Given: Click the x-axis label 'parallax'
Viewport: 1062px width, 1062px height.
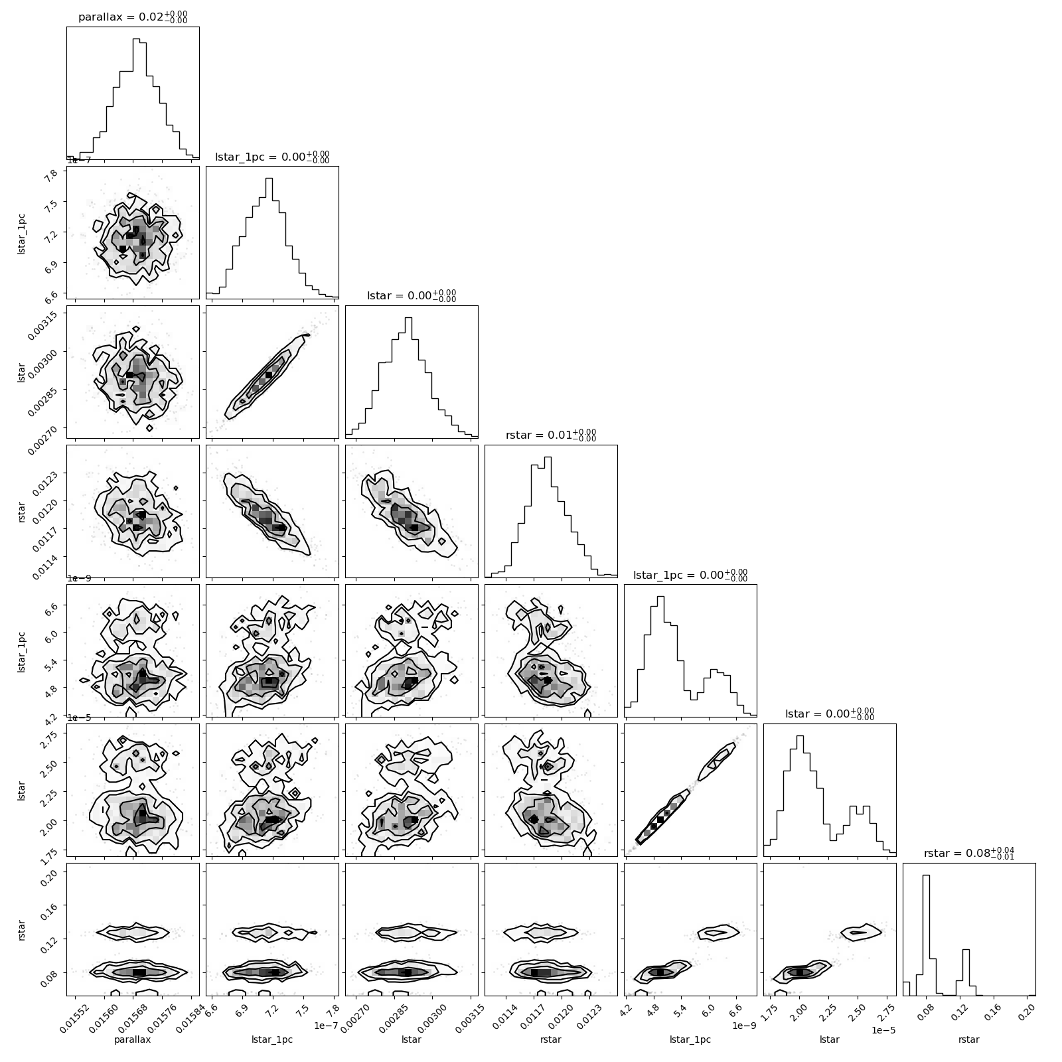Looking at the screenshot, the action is point(133,1039).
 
